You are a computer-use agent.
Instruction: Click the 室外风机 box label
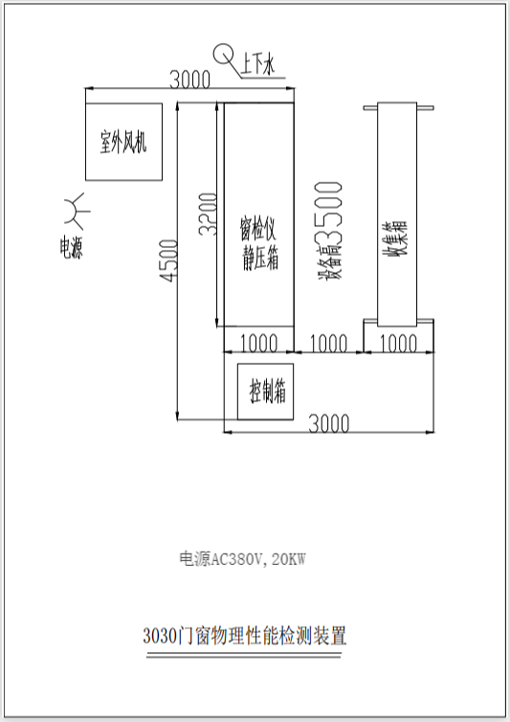coord(123,142)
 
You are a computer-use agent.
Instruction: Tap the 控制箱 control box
coord(265,392)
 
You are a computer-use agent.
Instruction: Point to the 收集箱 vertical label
coord(397,238)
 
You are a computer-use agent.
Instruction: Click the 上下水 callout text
coord(257,63)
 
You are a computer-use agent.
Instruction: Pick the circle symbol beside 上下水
coord(223,54)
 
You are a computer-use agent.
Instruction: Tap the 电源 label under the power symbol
coord(72,247)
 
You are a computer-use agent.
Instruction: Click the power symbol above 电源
coord(77,212)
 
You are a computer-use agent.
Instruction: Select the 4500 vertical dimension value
coord(168,260)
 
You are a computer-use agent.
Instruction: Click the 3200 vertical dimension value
coord(208,214)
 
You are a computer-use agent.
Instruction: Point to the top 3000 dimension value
coord(190,79)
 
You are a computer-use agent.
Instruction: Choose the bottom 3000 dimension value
coord(328,423)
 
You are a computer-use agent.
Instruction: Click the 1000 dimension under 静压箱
coord(258,344)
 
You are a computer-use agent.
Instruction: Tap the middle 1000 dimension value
coord(328,344)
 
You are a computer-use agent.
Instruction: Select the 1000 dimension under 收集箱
coord(398,344)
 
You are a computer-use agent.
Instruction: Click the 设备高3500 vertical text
coord(329,231)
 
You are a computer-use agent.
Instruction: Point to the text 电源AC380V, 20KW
coord(243,559)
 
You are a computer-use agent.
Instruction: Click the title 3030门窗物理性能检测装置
coord(244,636)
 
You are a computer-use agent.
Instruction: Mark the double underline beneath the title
coord(244,655)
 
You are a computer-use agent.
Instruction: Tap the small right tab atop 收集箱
coord(425,108)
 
